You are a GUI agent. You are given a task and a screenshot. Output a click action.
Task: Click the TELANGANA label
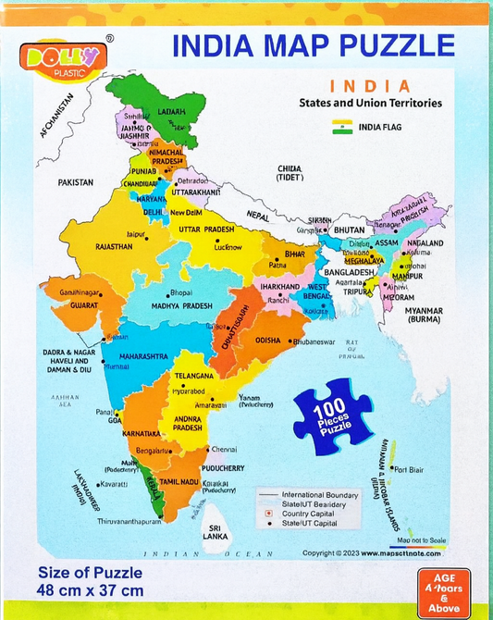[194, 376]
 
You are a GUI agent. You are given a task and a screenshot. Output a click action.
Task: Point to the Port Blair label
[409, 470]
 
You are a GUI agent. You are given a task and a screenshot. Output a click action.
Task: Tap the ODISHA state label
[268, 340]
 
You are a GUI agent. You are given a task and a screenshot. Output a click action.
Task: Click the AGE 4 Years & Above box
[443, 593]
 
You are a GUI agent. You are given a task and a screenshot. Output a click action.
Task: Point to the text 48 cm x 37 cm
[91, 589]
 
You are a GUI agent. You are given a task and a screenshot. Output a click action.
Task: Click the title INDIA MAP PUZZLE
[314, 44]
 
